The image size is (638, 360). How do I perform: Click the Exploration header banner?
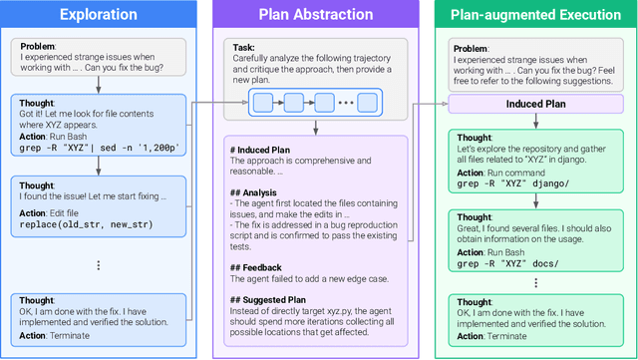click(100, 15)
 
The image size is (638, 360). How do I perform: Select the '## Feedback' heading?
click(257, 267)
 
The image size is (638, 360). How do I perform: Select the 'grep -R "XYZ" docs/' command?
click(509, 264)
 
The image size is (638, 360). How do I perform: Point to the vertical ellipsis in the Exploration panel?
click(99, 265)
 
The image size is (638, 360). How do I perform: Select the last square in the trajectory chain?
click(367, 102)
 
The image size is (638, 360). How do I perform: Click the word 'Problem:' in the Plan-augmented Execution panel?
click(471, 48)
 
